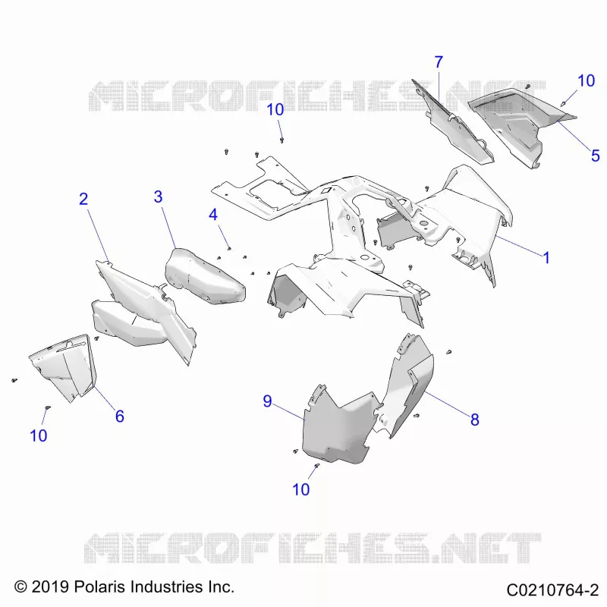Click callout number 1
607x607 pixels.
546,258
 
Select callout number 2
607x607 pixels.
83,199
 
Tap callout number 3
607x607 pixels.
158,197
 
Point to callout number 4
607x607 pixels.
213,215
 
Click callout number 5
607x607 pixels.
596,156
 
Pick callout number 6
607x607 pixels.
120,416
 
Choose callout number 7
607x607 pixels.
439,62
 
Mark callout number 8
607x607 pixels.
475,420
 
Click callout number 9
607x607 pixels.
267,401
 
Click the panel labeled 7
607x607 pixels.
453,124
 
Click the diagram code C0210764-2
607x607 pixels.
553,590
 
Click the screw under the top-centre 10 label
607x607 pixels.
281,140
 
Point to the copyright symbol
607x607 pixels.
20,587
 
